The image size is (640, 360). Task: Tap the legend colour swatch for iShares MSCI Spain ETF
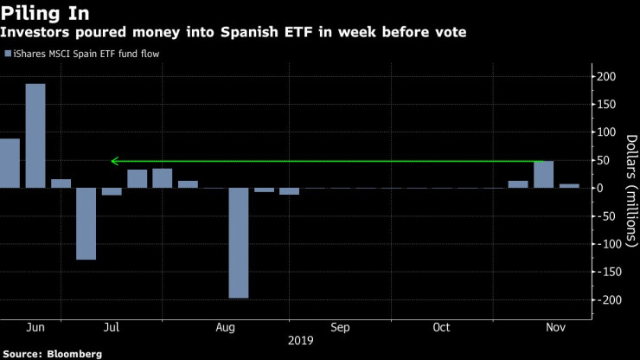tap(8, 54)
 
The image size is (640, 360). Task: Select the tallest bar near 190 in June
tap(35, 135)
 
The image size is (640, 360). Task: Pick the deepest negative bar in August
tap(239, 243)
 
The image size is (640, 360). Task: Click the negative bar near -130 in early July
tap(86, 223)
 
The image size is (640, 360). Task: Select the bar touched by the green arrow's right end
tap(543, 174)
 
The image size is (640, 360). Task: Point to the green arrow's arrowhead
tap(114, 161)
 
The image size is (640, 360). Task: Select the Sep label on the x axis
tap(340, 328)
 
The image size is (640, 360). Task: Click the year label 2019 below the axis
tap(302, 341)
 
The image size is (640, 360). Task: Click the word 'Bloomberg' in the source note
tap(75, 353)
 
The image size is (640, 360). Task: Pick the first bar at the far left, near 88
tap(10, 163)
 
